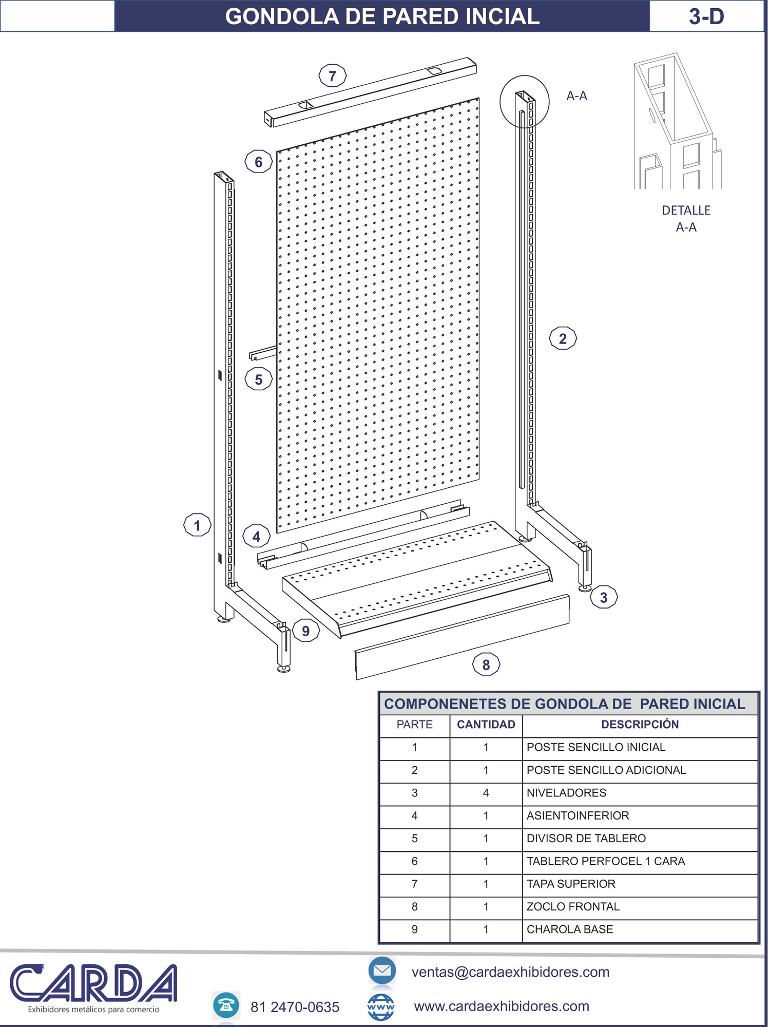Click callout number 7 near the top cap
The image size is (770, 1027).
333,76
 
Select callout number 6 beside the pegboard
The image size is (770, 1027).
258,162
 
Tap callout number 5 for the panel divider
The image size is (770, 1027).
258,379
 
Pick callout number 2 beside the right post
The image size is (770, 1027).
563,338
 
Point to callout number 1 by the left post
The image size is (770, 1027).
197,525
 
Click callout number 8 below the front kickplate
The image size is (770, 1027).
486,665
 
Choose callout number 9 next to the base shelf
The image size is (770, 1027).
306,631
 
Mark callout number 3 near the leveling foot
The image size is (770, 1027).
604,597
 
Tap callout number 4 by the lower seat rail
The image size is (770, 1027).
256,537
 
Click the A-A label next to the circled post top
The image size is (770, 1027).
576,96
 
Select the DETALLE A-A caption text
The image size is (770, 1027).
686,219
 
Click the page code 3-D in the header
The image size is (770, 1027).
706,16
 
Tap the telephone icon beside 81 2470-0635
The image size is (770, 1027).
226,1005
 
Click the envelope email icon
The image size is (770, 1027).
382,970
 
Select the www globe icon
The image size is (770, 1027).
381,1007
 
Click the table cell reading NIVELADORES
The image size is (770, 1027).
566,793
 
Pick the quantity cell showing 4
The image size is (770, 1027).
486,793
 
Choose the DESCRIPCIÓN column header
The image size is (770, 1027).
640,724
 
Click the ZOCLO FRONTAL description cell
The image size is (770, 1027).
573,907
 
